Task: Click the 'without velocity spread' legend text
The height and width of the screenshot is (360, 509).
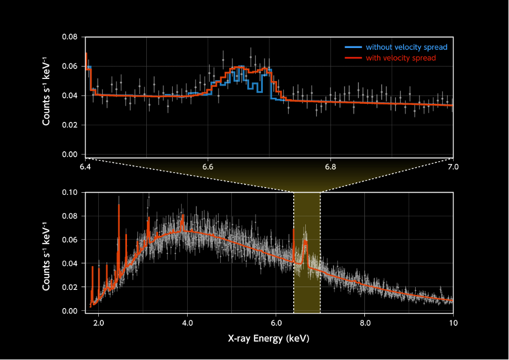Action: (406, 47)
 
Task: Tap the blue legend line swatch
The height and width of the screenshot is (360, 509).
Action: (352, 47)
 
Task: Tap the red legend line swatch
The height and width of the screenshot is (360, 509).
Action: (352, 58)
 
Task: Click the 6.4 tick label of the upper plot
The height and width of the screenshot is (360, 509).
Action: (86, 166)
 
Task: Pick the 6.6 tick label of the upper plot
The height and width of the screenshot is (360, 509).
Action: (208, 166)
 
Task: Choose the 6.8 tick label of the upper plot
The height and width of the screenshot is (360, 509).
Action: (330, 166)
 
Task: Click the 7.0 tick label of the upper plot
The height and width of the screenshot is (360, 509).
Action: (453, 166)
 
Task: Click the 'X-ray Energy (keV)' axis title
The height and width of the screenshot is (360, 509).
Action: (269, 337)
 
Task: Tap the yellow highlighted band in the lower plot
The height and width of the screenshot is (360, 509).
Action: (307, 276)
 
